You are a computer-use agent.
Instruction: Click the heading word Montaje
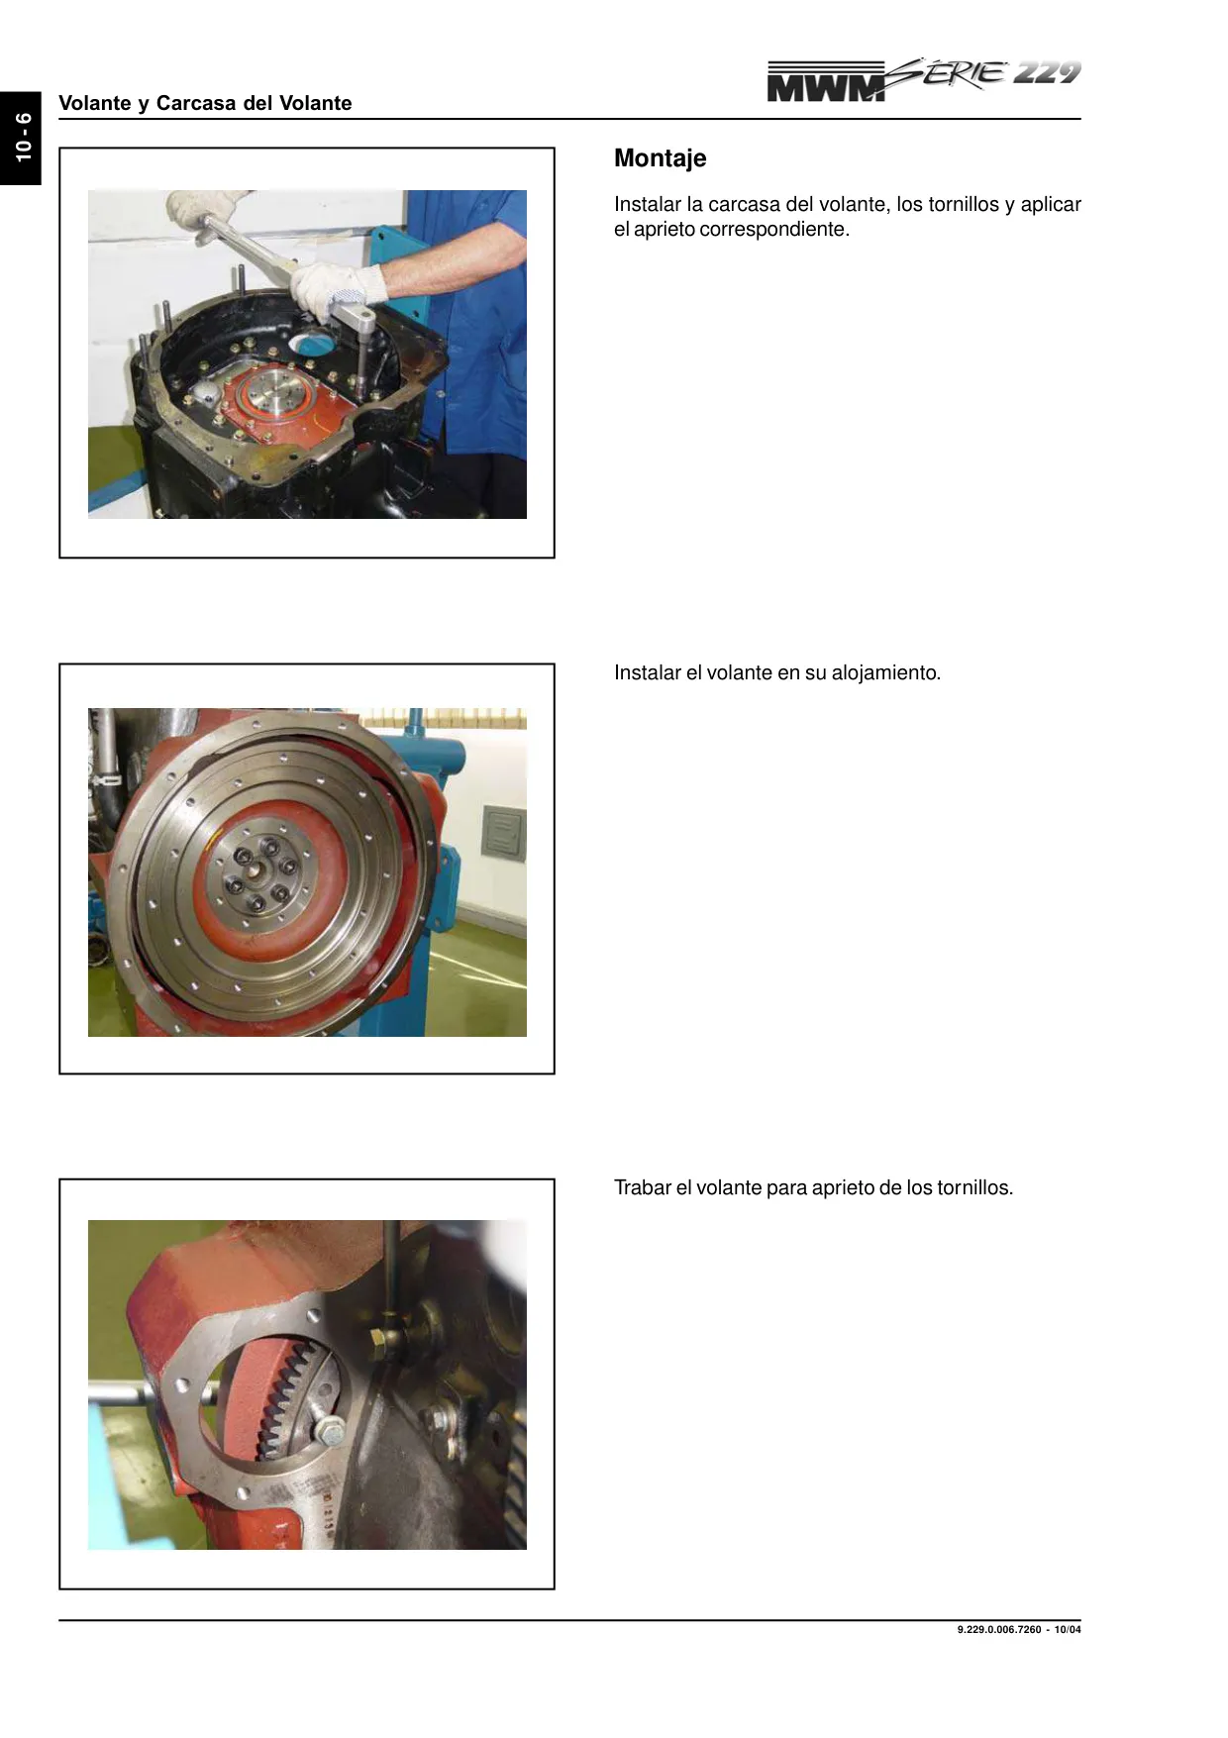click(x=660, y=158)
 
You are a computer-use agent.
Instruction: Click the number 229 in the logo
click(x=1047, y=72)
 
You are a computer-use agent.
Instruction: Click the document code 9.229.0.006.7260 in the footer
click(x=999, y=1630)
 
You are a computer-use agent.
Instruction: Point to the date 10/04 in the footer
click(x=1068, y=1630)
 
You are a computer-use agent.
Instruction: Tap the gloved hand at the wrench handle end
click(x=203, y=210)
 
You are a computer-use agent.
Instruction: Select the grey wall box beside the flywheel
click(x=504, y=831)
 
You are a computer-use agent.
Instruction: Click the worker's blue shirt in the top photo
click(x=465, y=317)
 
